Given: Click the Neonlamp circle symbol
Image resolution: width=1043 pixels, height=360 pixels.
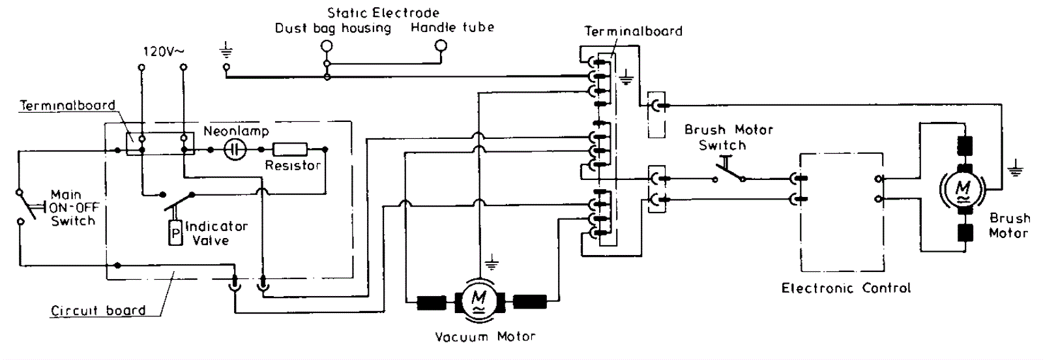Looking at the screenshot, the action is tap(235, 149).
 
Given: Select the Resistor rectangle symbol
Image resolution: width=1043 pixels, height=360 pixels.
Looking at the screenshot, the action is tap(290, 149).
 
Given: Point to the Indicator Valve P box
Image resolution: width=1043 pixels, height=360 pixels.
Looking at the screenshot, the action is tap(175, 233).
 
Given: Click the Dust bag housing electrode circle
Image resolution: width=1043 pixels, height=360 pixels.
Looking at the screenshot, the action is tap(327, 46).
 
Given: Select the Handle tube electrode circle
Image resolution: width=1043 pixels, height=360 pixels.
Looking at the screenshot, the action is tap(441, 46).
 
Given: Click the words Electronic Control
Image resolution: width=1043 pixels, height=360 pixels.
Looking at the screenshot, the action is tap(846, 288).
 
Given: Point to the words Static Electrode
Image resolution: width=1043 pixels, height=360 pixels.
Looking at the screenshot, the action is tap(383, 12).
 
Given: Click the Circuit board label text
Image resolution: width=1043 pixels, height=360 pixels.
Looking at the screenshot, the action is tap(98, 310).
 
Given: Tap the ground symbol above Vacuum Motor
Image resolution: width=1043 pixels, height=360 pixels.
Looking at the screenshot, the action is tap(492, 263).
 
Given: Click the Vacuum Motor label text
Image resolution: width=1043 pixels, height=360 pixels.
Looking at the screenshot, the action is tap(485, 337).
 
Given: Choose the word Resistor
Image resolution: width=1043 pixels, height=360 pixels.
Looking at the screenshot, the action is tap(293, 166).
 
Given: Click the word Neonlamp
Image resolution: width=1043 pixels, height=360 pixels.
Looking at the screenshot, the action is tap(237, 131).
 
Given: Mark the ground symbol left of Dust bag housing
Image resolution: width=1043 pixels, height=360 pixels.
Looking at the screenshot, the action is tap(227, 50).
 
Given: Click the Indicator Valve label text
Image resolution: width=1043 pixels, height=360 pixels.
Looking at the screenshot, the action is tap(216, 233).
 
